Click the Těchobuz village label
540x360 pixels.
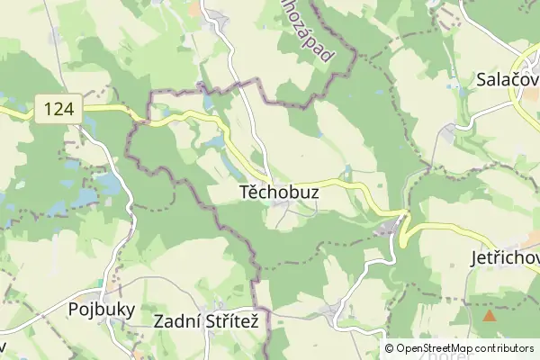coord(280,193)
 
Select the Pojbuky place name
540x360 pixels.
coord(102,310)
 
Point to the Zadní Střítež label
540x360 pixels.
coord(212,320)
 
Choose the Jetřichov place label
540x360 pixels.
coord(504,257)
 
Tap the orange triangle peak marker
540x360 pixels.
coord(490,316)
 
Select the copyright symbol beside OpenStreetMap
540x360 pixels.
coord(389,348)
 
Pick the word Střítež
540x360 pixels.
coord(238,320)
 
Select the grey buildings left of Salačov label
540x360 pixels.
coord(447,133)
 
